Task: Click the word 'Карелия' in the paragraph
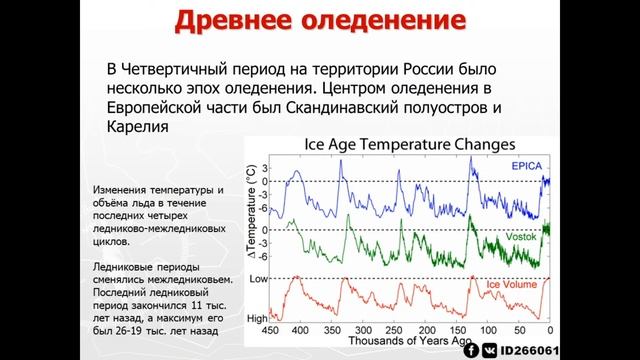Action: (135, 129)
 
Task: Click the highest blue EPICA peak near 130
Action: (470, 159)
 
